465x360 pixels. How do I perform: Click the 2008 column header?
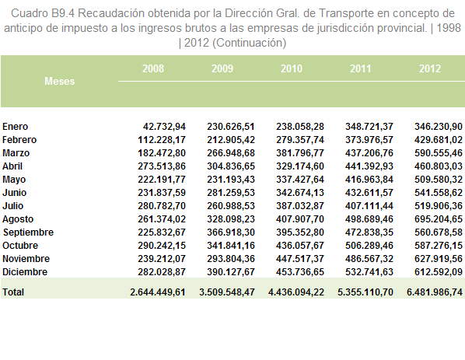[153, 68]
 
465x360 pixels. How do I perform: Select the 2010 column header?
[292, 68]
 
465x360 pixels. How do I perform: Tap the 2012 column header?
[430, 68]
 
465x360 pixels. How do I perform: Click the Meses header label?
[59, 81]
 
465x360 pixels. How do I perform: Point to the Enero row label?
[15, 127]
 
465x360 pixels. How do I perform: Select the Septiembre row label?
[28, 232]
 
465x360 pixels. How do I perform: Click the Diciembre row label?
[25, 272]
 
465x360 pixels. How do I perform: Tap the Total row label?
[13, 292]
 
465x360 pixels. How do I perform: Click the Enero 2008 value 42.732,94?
[164, 127]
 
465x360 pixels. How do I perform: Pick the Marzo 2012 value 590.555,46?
[439, 153]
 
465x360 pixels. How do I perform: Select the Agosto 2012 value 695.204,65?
[439, 219]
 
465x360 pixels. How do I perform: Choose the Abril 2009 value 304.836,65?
[231, 166]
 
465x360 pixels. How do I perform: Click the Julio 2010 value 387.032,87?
[300, 206]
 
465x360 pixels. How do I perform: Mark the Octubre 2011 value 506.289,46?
[369, 246]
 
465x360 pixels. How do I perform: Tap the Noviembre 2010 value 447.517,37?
[300, 259]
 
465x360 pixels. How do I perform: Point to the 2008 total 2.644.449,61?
[158, 292]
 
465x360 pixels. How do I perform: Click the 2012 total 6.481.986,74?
[435, 292]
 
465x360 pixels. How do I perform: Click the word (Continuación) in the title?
[249, 43]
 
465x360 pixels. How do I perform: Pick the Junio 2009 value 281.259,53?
[231, 193]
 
